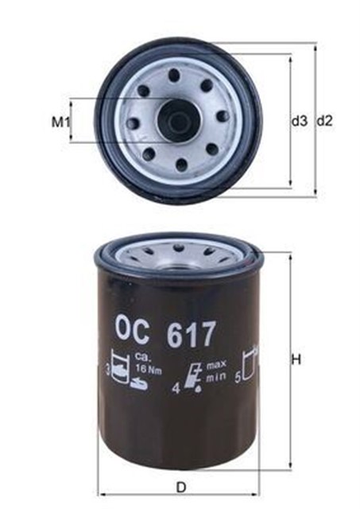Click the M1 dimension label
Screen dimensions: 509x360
point(61,122)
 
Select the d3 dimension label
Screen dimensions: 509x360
point(299,122)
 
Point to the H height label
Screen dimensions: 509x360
point(296,359)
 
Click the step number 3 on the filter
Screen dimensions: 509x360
point(107,370)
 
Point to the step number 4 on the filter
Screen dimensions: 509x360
point(176,390)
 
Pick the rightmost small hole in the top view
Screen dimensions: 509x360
point(222,116)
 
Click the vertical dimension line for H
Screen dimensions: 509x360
point(288,359)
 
